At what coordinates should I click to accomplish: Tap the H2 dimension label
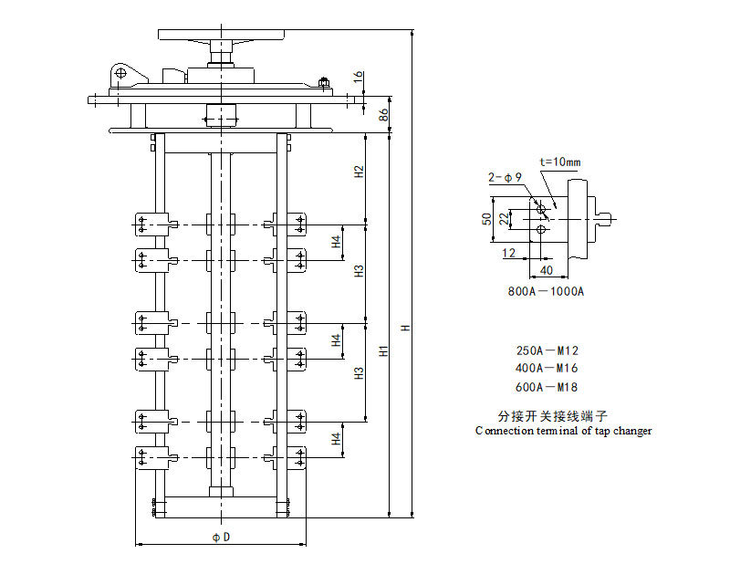click(x=360, y=172)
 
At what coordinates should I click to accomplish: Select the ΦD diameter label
click(x=221, y=537)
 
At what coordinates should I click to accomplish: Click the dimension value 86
click(x=384, y=114)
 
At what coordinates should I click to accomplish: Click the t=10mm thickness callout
click(x=559, y=162)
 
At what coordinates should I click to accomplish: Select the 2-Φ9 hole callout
click(x=505, y=178)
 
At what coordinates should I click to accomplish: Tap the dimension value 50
click(x=487, y=219)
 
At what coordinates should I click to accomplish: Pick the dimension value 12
click(x=508, y=254)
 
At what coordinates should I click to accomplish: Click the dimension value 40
click(x=547, y=270)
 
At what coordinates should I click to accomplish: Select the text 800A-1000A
click(x=546, y=292)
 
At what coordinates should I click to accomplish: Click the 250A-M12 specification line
click(x=547, y=350)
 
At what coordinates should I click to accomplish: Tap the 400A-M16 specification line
click(x=547, y=368)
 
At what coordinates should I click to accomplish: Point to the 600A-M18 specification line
click(x=547, y=385)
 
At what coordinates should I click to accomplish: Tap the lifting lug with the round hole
click(x=120, y=74)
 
